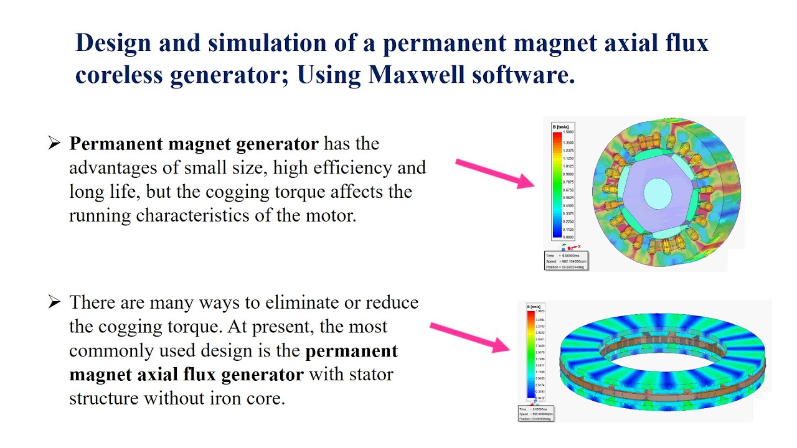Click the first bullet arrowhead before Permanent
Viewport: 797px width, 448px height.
pos(54,144)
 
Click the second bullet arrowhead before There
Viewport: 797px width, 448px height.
pos(54,303)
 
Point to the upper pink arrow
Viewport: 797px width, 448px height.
pos(494,173)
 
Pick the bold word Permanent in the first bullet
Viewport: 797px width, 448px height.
pos(117,144)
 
